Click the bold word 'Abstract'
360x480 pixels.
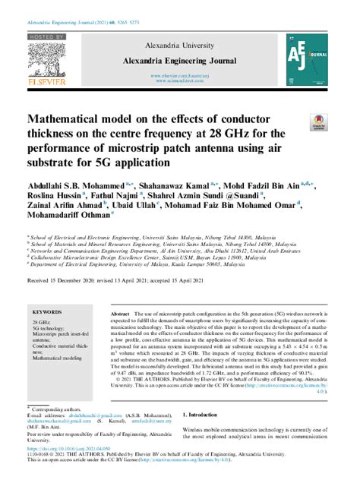(x=120, y=313)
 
